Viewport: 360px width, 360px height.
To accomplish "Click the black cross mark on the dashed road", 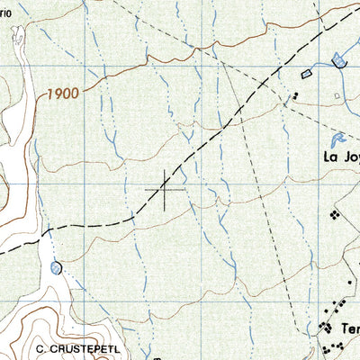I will coord(165,190).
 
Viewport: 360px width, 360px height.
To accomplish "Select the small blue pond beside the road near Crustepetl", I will coord(58,267).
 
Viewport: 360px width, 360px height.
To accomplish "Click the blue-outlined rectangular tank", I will coord(306,72).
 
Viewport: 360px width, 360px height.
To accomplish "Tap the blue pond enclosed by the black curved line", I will coord(338,61).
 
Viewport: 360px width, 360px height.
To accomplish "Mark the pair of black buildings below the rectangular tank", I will coord(294,94).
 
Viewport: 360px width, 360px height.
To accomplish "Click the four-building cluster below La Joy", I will coord(335,215).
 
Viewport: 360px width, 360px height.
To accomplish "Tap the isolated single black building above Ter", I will coord(341,305).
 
